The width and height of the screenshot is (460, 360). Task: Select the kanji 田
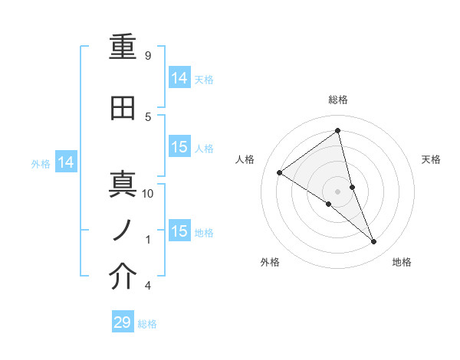[x=123, y=109]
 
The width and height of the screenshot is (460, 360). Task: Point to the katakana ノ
[x=123, y=229]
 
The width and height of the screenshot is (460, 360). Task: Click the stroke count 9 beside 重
[x=147, y=56]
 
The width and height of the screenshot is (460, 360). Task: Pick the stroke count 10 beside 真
[x=148, y=194]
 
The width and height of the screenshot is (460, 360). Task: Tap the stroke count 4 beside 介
[x=147, y=286]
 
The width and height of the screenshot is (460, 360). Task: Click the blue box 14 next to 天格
[x=179, y=78]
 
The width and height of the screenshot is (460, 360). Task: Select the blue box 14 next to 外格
[x=66, y=162]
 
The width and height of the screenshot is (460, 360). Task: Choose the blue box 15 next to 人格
[x=179, y=147]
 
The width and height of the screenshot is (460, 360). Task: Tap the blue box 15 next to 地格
[x=179, y=231]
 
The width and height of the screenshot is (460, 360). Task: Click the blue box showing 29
[x=123, y=322]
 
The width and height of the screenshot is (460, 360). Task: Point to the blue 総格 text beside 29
[x=147, y=324]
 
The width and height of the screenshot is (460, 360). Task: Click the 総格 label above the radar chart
[x=338, y=100]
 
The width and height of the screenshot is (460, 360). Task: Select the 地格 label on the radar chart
[x=402, y=262]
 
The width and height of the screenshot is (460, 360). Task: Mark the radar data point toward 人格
[x=280, y=172]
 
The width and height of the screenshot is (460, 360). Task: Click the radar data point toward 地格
[x=373, y=241]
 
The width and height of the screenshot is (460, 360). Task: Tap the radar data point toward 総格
[x=338, y=130]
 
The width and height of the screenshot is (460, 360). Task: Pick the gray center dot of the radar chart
[x=338, y=191]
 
